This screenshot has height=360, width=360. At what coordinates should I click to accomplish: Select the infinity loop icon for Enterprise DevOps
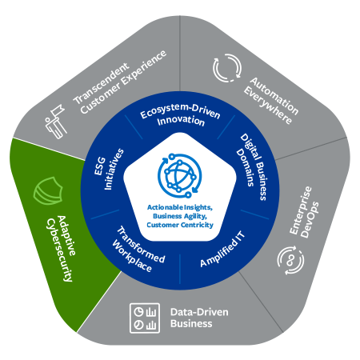(x=290, y=258)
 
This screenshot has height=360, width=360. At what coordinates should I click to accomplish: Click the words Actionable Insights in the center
(x=179, y=207)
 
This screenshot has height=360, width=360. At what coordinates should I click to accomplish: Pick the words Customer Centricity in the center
(x=179, y=224)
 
